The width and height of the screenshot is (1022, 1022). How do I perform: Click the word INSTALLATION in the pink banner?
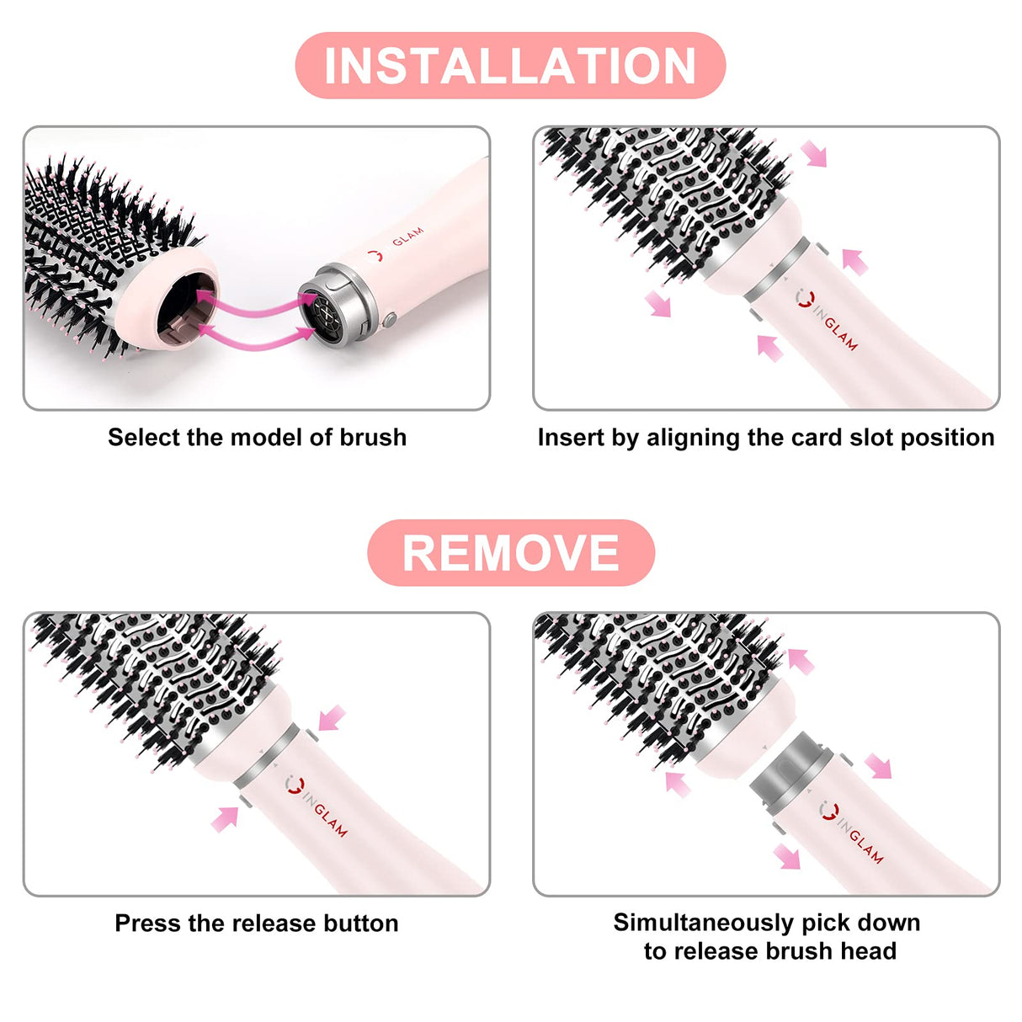pyautogui.click(x=510, y=66)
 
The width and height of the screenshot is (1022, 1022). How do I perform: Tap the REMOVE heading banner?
pyautogui.click(x=510, y=553)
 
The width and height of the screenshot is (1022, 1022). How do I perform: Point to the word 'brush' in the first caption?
pyautogui.click(x=373, y=438)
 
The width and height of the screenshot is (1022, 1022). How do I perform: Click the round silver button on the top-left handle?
pyautogui.click(x=389, y=320)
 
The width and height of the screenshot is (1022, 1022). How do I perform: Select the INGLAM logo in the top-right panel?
pyautogui.click(x=828, y=321)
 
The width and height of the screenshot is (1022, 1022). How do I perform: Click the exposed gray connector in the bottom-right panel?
pyautogui.click(x=791, y=766)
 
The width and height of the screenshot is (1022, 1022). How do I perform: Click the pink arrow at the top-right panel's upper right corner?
pyautogui.click(x=814, y=154)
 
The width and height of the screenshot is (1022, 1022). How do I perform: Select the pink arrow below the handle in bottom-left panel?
pyautogui.click(x=225, y=819)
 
